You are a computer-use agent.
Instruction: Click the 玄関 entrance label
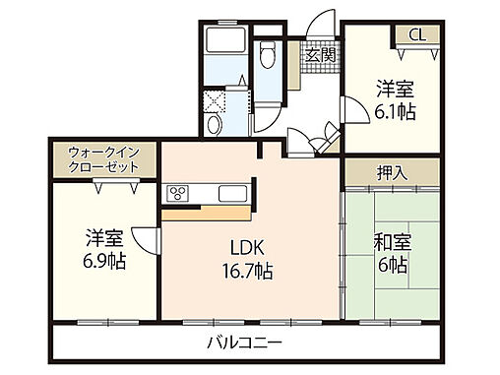(320, 54)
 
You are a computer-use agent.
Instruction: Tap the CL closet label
(417, 35)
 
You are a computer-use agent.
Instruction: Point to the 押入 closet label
(391, 172)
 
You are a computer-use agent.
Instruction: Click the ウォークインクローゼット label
(103, 159)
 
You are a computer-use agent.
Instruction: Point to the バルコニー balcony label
(245, 344)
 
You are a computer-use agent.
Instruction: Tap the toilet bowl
(265, 55)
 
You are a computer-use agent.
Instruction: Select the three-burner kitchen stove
(178, 192)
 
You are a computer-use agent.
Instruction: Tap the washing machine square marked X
(216, 102)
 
